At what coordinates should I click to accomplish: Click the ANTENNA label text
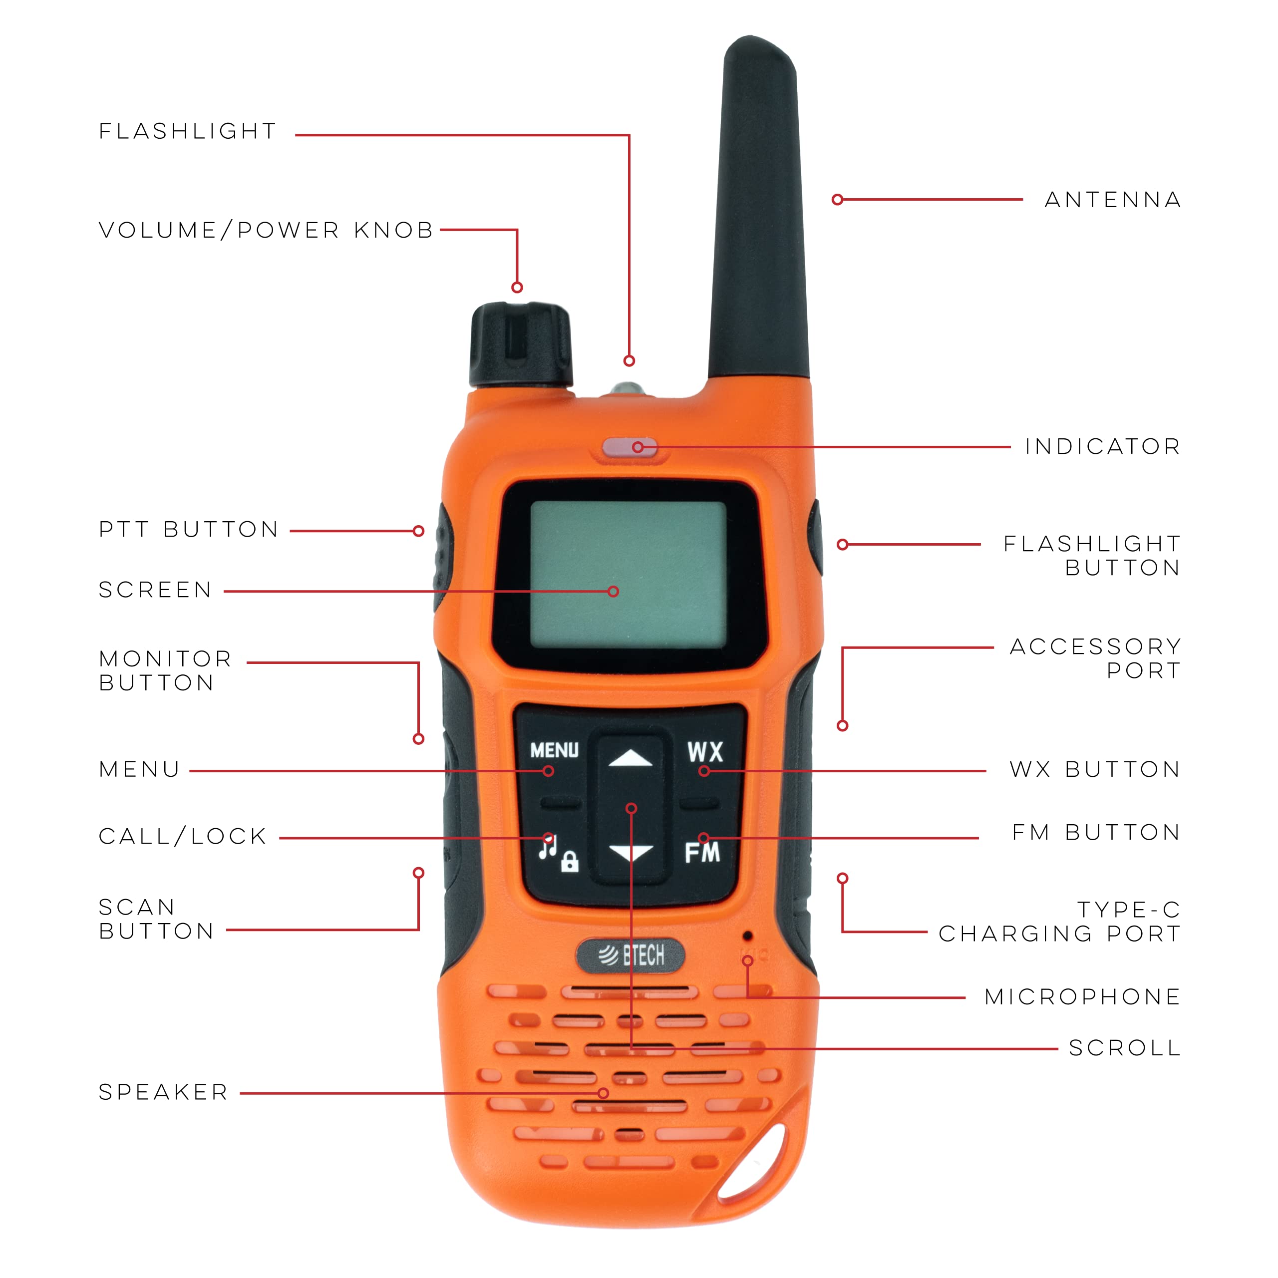(x=1113, y=200)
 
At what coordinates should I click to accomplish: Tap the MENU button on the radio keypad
(x=554, y=750)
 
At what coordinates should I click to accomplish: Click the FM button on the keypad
(x=702, y=853)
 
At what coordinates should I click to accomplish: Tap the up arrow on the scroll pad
(x=631, y=758)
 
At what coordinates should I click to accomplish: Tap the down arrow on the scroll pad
(x=631, y=853)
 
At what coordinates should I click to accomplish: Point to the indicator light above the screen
(x=629, y=448)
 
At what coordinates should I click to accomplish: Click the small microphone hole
(x=747, y=936)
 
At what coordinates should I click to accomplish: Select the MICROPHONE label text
(x=1082, y=997)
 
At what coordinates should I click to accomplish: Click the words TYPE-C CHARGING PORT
(x=1060, y=922)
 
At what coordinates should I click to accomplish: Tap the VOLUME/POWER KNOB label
(x=266, y=230)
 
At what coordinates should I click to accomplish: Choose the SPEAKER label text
(x=163, y=1092)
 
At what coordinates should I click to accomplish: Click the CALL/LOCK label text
(x=183, y=836)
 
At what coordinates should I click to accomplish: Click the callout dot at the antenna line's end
(x=838, y=199)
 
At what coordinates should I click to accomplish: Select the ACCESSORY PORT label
(x=1095, y=658)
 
